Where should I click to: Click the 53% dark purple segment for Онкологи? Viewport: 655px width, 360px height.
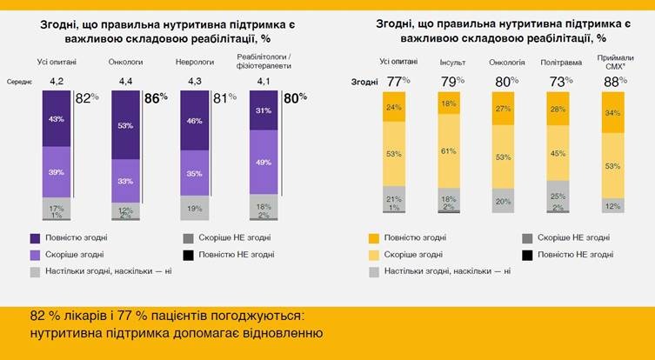pos(126,125)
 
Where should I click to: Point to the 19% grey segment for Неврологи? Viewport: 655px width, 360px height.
pos(195,208)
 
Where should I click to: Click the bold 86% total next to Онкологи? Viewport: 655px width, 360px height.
pos(155,99)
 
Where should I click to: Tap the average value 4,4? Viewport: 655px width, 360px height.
pos(126,82)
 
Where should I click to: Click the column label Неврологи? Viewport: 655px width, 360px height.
pos(195,62)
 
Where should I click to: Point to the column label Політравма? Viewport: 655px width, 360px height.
pos(558,62)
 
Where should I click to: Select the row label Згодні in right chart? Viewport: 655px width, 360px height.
pos(364,82)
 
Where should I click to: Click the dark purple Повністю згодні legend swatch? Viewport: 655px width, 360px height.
pos(35,237)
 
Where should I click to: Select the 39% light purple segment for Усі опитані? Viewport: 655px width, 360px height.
pos(57,171)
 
